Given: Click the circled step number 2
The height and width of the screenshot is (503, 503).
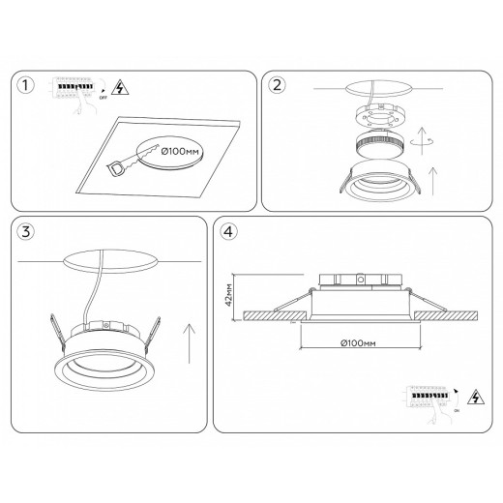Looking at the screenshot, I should click(278, 85).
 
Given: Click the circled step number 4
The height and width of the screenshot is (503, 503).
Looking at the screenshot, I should click(228, 232).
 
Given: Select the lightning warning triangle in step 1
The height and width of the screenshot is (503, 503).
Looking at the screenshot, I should click(120, 87).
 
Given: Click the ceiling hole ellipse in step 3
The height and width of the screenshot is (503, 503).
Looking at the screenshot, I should click(109, 265).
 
